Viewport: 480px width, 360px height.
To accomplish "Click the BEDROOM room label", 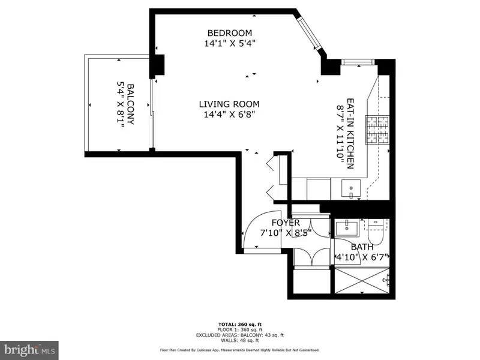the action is (230, 33).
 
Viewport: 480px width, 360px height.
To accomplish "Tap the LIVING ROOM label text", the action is (229, 104).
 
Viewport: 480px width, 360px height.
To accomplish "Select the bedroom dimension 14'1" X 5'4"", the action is (230, 43).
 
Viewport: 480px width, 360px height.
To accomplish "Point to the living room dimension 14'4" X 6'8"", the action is (229, 115).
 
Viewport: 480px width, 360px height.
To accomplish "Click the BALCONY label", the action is (130, 104).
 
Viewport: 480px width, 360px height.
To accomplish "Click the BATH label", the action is (362, 247).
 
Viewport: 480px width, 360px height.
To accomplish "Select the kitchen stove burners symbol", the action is (377, 130).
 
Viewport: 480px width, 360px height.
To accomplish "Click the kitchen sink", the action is (351, 190).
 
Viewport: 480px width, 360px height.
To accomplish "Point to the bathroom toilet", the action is (375, 232).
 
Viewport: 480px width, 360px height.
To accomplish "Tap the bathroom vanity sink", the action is (347, 227).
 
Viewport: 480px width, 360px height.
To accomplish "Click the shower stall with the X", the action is (362, 280).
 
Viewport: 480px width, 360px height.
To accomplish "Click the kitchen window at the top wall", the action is (358, 62).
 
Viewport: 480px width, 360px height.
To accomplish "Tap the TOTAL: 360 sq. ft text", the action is (240, 325).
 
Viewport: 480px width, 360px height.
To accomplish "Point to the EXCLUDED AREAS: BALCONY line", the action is (240, 335).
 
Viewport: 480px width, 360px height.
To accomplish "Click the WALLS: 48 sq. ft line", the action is (240, 340).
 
